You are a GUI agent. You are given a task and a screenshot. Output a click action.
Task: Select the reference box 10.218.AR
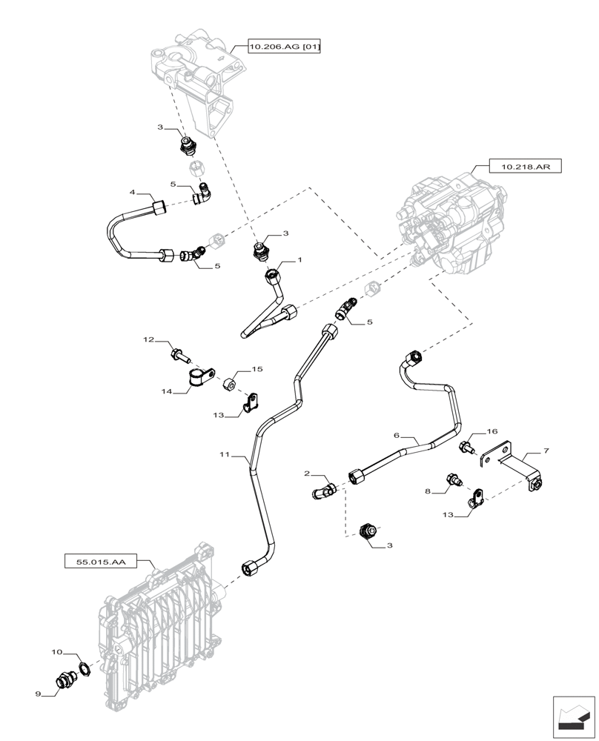pos(525,167)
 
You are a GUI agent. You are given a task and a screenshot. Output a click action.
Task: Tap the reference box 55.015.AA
pos(101,562)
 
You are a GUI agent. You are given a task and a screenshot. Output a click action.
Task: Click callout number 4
pos(132,193)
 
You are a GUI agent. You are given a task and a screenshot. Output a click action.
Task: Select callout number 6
pos(397,437)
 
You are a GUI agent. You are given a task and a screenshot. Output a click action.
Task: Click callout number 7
pos(546,451)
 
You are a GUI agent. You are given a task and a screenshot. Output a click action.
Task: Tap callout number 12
pos(148,340)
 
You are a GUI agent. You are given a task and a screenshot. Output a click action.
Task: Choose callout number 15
pos(257,368)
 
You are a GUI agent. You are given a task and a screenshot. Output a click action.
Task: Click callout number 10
pos(56,653)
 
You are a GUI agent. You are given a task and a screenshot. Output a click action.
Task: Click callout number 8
pos(427,490)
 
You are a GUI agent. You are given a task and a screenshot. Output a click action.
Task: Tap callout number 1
pos(300,261)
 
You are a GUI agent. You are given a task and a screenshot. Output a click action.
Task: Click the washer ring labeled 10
pos(84,670)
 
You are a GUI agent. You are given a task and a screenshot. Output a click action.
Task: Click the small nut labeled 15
pos(230,383)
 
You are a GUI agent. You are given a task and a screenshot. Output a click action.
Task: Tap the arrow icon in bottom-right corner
pos(574,717)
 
